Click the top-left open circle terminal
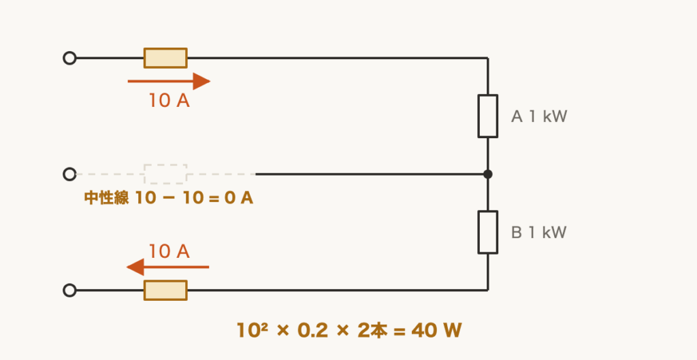[69, 59]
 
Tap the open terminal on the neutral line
[69, 174]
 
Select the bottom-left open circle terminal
[69, 290]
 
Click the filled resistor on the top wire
[165, 59]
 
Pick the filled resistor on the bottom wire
[165, 290]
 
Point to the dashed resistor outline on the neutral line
[165, 174]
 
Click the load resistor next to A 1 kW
[487, 116]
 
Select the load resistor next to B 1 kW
[487, 233]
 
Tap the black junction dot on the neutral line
[487, 174]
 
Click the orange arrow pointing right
[169, 82]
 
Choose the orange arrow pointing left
[167, 267]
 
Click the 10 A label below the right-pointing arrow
[169, 101]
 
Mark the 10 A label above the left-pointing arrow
[169, 252]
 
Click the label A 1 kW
[539, 116]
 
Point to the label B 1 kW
[539, 233]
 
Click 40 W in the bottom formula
[436, 331]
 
